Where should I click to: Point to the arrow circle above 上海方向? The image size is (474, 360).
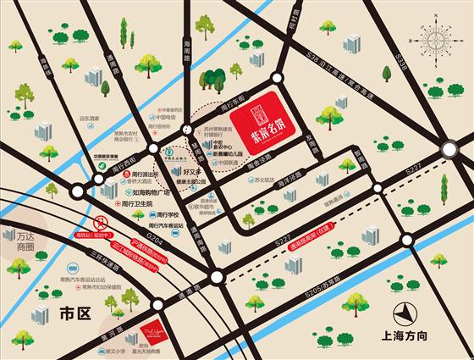click(412, 312)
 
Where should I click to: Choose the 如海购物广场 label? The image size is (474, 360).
click(141, 191)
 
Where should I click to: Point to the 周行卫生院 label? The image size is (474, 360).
click(141, 203)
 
